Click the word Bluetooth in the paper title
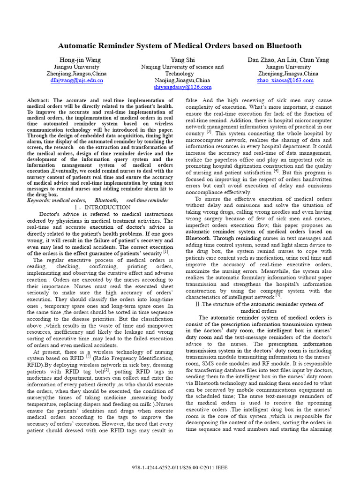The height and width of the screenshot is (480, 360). (x=280, y=46)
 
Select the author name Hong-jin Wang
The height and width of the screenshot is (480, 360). (x=80, y=60)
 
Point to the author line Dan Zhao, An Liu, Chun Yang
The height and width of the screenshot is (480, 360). (x=288, y=60)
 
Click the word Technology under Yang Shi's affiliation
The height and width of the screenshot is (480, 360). (x=180, y=74)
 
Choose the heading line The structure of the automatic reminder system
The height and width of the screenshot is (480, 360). (x=262, y=304)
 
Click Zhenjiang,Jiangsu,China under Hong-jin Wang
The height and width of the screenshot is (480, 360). (x=76, y=74)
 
